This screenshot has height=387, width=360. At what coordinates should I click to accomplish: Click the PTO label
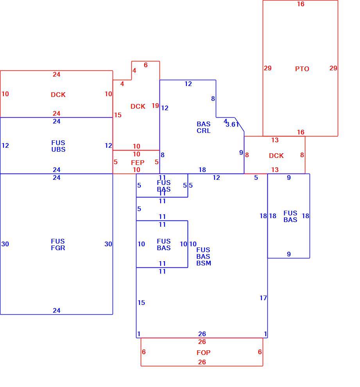302,69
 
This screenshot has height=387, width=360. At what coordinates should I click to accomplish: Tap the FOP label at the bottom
203,353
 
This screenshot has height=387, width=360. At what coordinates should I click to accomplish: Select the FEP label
138,163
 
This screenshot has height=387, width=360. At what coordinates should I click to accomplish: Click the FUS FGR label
58,245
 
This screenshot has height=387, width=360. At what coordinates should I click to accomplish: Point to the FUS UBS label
58,146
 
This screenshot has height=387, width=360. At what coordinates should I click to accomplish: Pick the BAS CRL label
204,127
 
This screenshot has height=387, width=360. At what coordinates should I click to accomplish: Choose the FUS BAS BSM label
204,257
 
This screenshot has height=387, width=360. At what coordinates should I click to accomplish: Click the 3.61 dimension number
232,125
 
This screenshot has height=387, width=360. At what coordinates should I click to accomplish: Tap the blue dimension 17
263,298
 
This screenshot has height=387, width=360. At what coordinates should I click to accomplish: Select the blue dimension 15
141,303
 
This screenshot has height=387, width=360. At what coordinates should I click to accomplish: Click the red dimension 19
155,106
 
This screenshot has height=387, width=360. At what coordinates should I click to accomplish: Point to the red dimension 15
118,115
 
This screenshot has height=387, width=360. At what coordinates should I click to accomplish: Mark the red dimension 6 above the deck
145,65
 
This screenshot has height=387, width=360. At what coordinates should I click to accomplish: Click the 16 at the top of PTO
301,4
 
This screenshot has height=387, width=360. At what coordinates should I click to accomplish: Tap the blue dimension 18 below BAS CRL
202,170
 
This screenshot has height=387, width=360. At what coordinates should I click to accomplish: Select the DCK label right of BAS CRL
276,156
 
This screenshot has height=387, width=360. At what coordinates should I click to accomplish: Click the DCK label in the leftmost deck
58,95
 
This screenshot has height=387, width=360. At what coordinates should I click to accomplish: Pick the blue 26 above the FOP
202,334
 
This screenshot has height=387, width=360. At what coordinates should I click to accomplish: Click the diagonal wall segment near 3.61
239,125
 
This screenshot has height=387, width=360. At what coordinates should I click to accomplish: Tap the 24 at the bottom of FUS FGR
57,310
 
